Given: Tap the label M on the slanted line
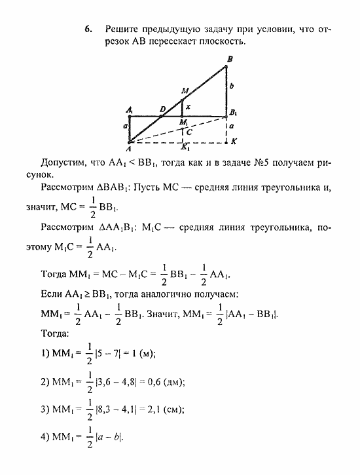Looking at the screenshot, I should point(185,91).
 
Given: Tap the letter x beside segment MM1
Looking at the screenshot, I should point(188,106).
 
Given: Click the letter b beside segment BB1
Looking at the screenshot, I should point(232,86).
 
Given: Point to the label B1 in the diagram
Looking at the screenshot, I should point(232,113).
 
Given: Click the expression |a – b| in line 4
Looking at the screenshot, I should point(109,437).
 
